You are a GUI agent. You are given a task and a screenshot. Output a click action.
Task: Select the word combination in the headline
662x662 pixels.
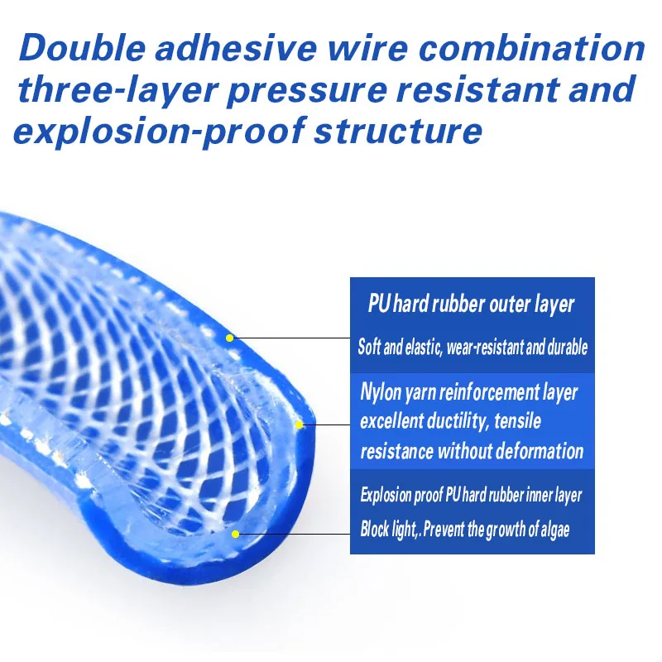tap(532, 48)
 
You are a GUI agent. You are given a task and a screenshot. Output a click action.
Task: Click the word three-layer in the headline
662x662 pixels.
tap(118, 90)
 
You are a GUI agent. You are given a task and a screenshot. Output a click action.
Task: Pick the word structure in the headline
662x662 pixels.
tap(398, 131)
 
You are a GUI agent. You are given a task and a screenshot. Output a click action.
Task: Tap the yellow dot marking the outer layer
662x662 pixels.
tap(229, 338)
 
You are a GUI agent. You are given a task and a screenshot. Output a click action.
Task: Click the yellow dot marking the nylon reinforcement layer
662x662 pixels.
tap(299, 425)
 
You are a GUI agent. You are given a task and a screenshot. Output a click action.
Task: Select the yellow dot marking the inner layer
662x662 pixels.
tap(236, 534)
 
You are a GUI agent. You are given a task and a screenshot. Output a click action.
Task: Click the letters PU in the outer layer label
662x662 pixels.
tap(379, 303)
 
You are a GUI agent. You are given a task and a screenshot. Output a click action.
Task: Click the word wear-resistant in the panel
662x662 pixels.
tap(485, 347)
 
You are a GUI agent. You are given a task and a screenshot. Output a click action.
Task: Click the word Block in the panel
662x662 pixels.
tap(375, 528)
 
